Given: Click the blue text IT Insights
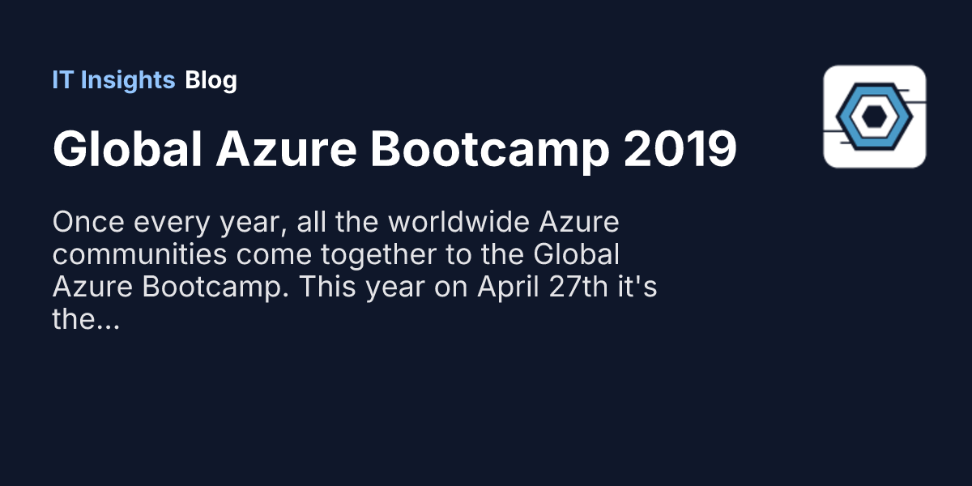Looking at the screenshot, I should pos(113,80).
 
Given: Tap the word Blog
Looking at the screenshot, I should pos(211,80).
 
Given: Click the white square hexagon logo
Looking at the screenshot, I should pos(874,117).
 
